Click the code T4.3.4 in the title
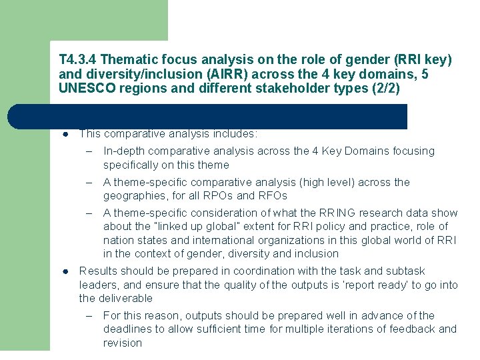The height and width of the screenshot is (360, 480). point(77,60)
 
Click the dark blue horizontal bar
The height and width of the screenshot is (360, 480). point(207,116)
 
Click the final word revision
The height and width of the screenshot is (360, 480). point(123,343)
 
